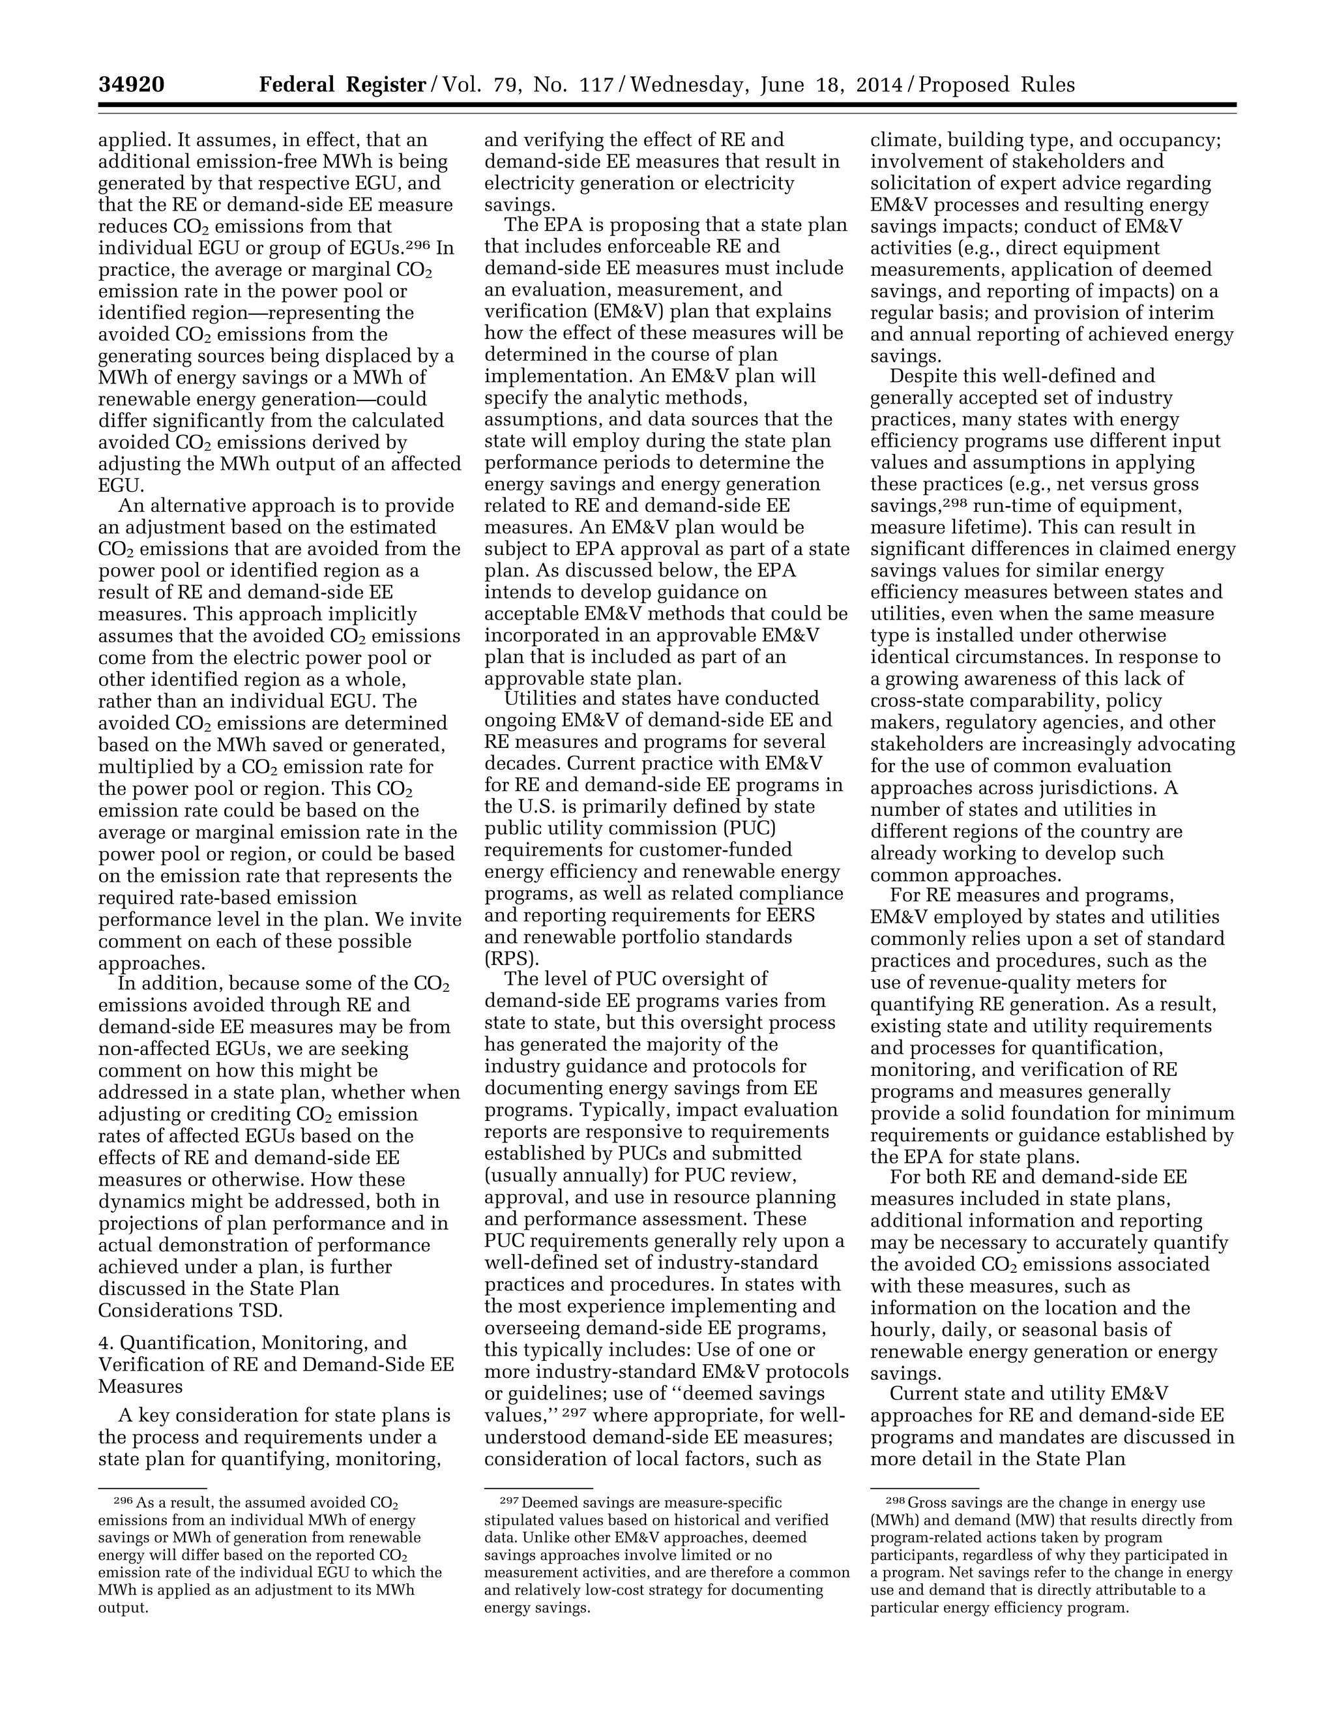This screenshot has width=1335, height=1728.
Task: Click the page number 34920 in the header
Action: (131, 85)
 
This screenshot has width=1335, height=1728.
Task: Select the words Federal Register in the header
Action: (342, 85)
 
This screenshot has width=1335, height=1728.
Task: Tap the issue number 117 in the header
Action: (596, 85)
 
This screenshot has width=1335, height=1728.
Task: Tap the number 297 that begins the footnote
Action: (508, 1500)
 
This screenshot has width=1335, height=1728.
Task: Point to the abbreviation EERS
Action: (793, 916)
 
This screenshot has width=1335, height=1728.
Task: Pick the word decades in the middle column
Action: (522, 764)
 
